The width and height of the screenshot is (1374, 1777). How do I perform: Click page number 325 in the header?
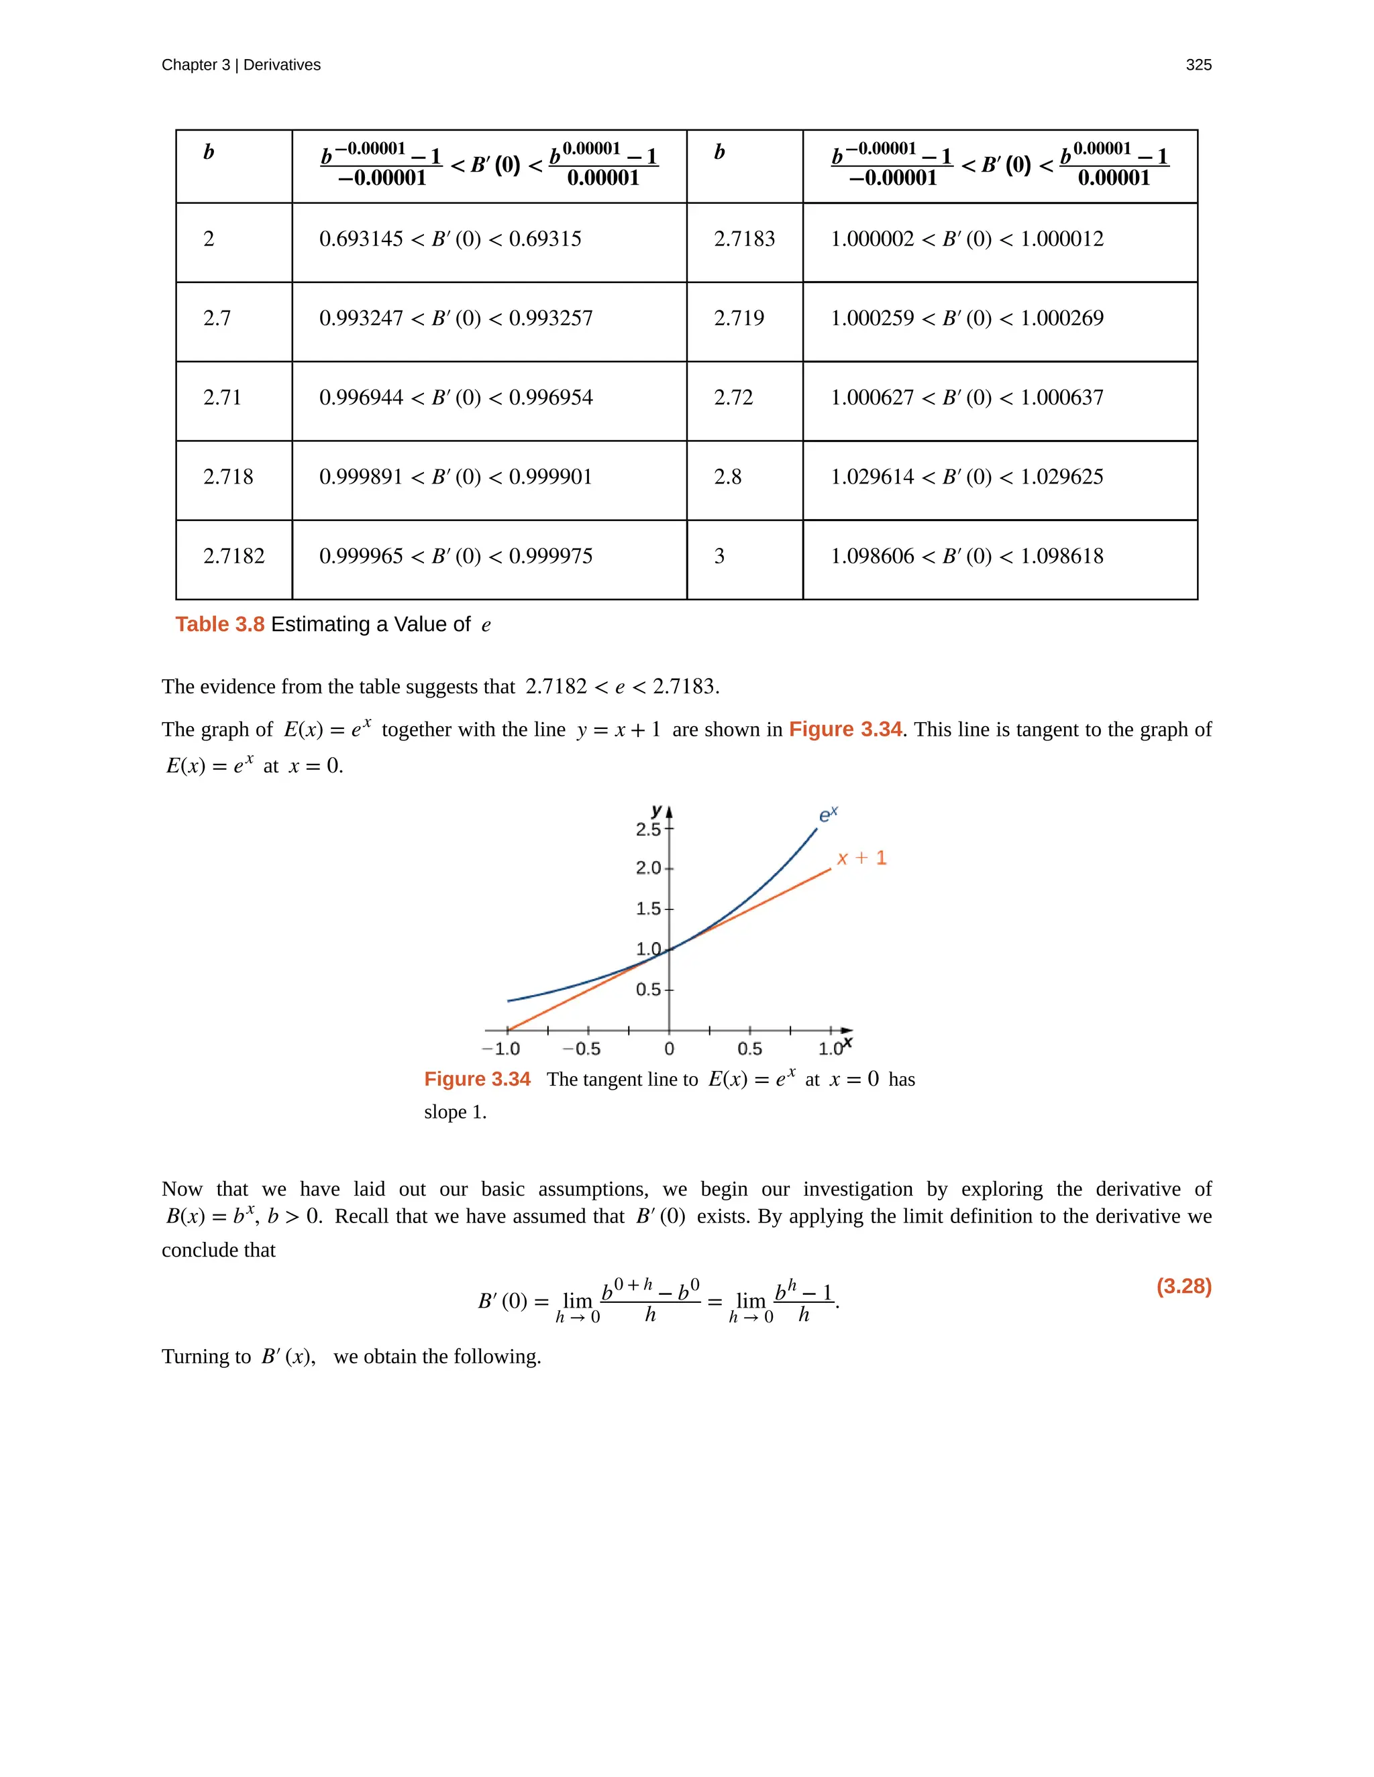pos(1198,65)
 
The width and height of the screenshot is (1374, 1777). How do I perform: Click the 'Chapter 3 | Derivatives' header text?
pos(241,65)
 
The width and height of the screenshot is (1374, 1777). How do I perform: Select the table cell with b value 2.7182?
pos(233,557)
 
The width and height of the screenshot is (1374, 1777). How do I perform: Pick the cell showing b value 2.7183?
pos(744,239)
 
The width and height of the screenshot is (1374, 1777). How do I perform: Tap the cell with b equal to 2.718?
pos(228,477)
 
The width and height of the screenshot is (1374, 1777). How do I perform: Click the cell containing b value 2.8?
pos(728,477)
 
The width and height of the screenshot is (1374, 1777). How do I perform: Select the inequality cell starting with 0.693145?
pos(450,239)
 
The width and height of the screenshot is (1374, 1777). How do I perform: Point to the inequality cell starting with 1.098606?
pos(966,557)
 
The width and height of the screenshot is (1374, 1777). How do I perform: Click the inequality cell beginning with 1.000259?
pos(966,318)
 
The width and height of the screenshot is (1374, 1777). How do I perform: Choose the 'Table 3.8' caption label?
pos(220,624)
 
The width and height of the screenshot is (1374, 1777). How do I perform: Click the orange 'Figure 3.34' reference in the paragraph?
pos(845,729)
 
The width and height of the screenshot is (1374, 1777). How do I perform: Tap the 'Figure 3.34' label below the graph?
pos(477,1079)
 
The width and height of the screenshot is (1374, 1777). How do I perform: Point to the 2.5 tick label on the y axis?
pos(648,830)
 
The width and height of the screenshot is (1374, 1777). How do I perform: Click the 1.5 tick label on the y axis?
pos(648,909)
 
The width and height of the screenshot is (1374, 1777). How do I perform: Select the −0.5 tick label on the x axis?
pos(581,1049)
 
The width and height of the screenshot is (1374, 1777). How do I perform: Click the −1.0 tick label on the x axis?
pos(500,1049)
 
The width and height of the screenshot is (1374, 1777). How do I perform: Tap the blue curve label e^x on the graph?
pos(828,815)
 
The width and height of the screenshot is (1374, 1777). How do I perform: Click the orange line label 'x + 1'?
pos(861,858)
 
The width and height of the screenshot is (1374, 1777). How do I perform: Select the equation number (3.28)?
pos(1183,1286)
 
